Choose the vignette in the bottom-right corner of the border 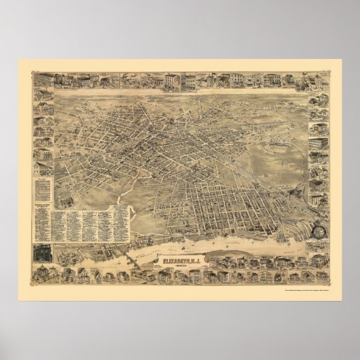pyautogui.click(x=315, y=275)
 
